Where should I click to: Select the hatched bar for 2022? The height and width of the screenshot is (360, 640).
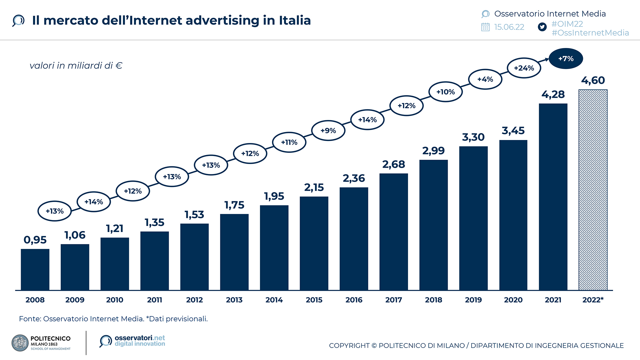pos(593,190)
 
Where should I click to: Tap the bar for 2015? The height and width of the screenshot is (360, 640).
pos(314,243)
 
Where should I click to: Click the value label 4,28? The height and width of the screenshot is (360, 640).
pos(553,95)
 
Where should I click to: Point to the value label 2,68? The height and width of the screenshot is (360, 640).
pos(394,164)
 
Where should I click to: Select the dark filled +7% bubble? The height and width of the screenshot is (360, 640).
pos(566,59)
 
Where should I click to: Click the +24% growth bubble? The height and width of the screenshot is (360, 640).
pos(524,68)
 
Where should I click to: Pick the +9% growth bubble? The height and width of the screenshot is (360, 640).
pos(328,131)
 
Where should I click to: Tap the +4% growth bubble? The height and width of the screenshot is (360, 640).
pos(485,79)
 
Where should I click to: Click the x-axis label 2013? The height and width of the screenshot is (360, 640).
pos(234,300)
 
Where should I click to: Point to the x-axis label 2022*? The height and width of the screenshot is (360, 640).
pos(593,300)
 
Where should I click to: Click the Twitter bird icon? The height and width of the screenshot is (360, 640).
pos(542,27)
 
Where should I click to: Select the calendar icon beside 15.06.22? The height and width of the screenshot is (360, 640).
pos(485,27)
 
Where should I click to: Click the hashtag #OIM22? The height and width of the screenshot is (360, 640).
pos(567,24)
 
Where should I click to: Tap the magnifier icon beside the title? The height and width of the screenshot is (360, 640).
pos(18,21)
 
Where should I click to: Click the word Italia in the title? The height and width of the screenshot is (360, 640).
pos(295,20)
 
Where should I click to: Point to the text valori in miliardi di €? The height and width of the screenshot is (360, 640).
pos(76,66)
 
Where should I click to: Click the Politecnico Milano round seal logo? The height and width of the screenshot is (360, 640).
pos(20,343)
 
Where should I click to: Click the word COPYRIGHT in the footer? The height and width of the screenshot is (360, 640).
pos(349,346)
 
